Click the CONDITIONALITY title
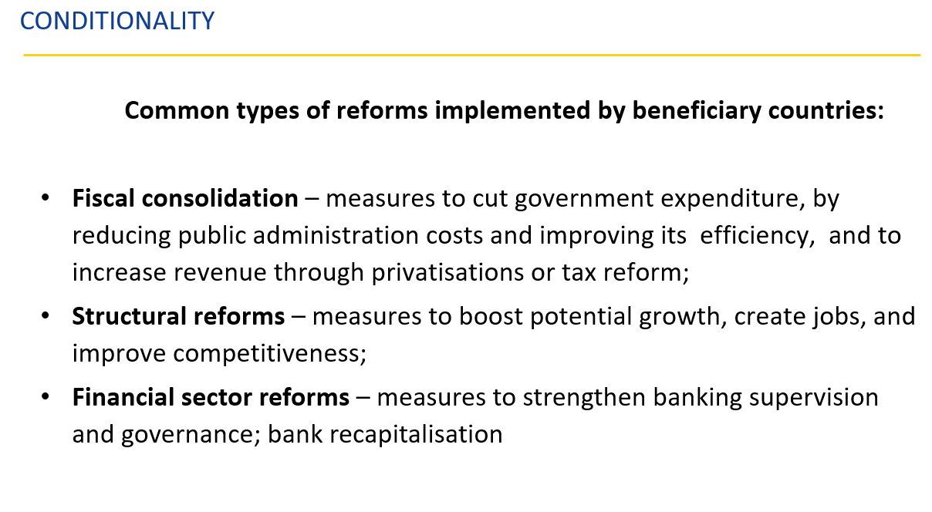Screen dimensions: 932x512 tap(117, 21)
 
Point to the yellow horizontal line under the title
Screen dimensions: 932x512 tap(472, 55)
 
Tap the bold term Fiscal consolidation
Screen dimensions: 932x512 tap(185, 198)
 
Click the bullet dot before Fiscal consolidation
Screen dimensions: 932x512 tap(46, 198)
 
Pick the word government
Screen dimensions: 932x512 tap(584, 200)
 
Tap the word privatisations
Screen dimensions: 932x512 tap(447, 274)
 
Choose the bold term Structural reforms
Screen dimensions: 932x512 tap(178, 316)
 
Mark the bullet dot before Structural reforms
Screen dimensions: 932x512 tap(46, 316)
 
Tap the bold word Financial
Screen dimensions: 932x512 tap(123, 397)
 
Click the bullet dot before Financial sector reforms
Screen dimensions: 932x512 tap(46, 397)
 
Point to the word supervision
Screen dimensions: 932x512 tap(814, 399)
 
